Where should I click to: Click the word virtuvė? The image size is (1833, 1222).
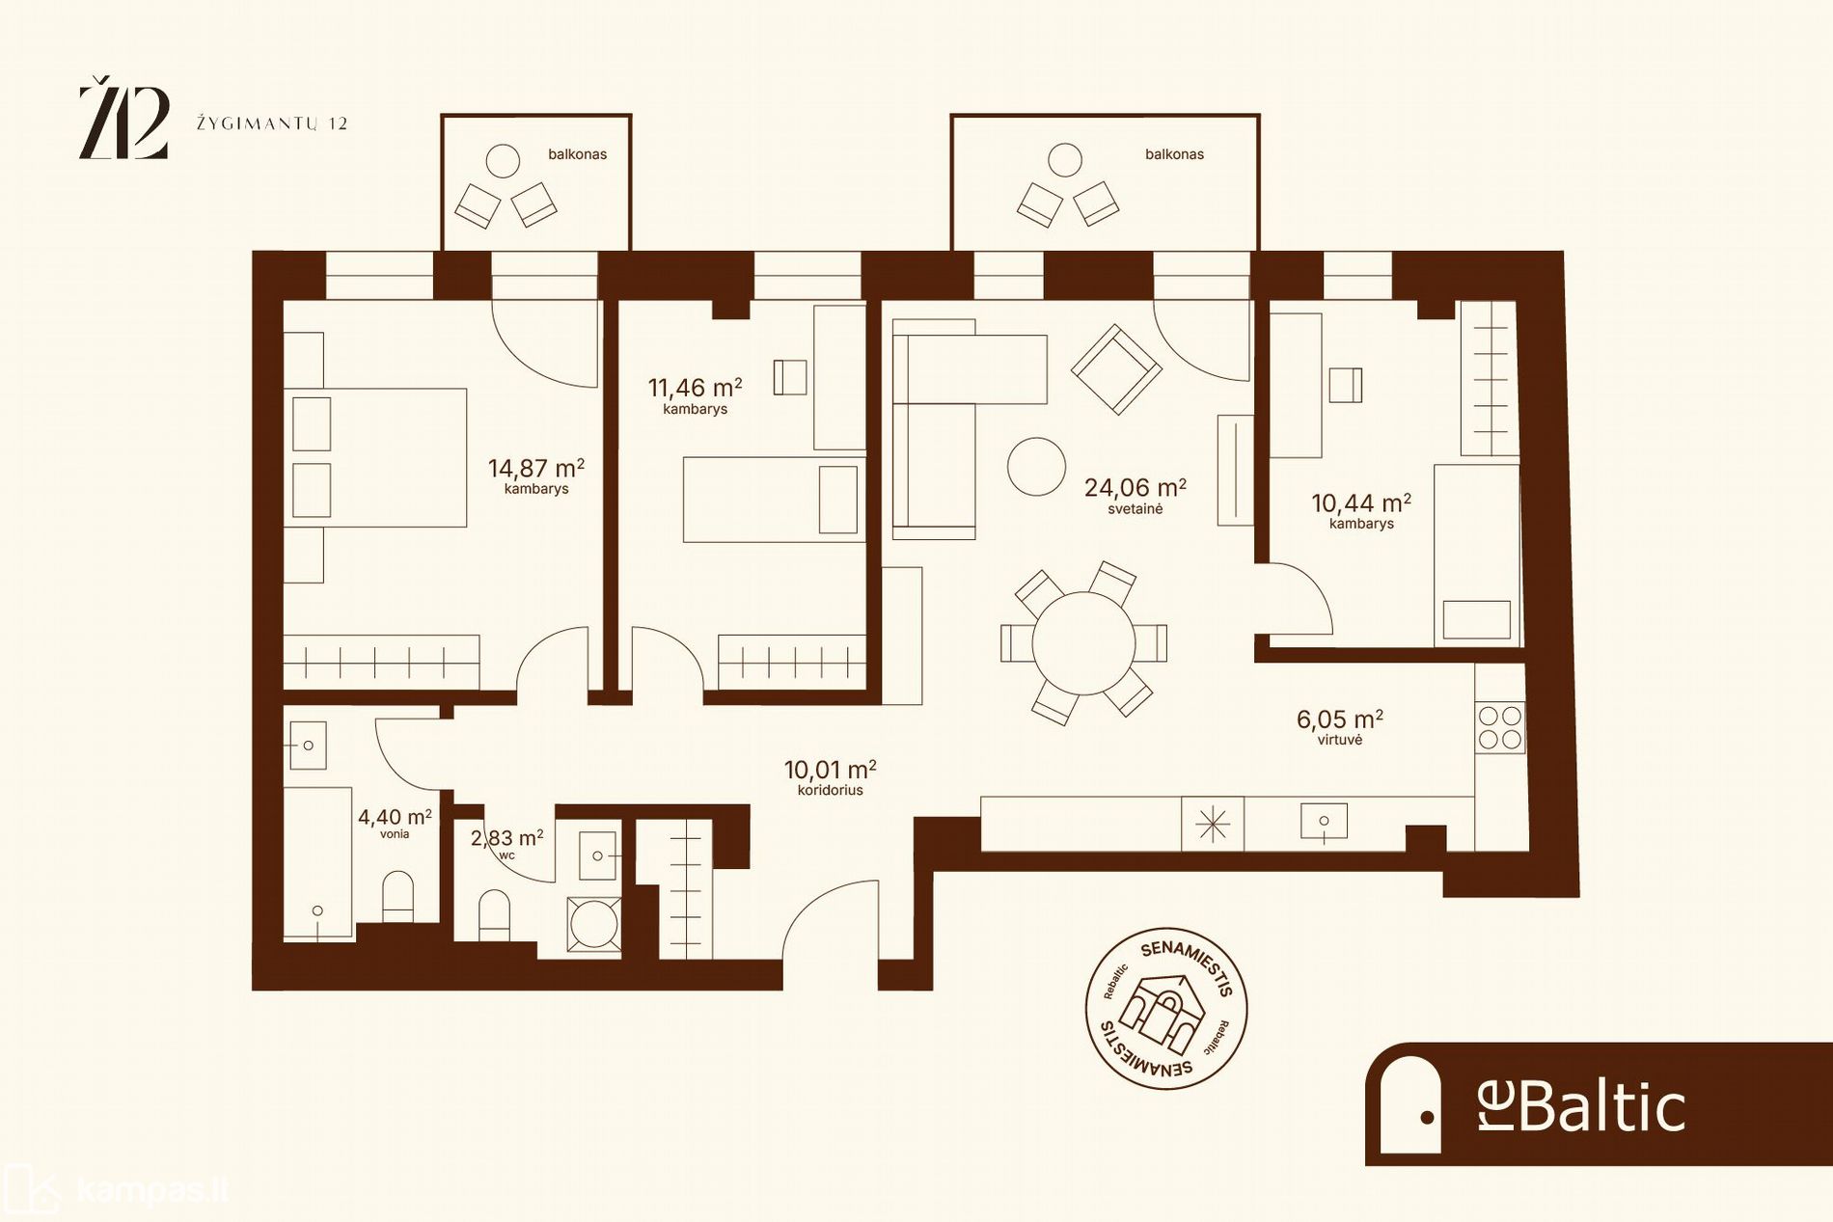click(1340, 740)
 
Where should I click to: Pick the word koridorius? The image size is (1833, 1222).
click(831, 790)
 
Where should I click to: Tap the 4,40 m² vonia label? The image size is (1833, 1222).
click(395, 823)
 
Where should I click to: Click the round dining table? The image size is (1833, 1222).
click(1083, 642)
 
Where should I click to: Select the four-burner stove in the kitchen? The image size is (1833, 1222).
click(1500, 727)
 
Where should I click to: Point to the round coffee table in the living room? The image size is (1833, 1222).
click(1036, 467)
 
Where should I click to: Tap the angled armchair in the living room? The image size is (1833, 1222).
click(1116, 369)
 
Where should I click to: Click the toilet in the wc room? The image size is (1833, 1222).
click(494, 913)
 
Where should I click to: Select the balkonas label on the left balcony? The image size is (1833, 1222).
click(577, 154)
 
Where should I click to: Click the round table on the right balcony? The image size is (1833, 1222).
click(1065, 160)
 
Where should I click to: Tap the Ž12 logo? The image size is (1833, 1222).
click(123, 122)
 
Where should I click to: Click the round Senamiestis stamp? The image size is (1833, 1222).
click(1166, 1010)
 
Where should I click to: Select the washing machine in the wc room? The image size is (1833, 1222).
click(594, 925)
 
